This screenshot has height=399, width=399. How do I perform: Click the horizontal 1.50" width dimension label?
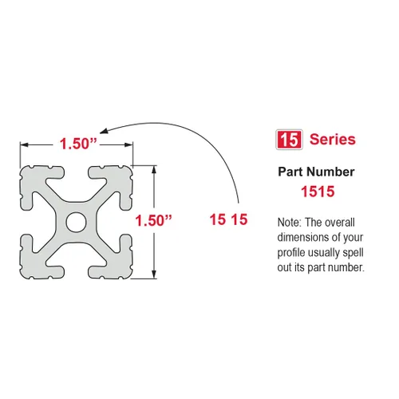77,144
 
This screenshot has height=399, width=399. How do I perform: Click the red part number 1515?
317,192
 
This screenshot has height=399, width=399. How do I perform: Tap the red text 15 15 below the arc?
228,220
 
